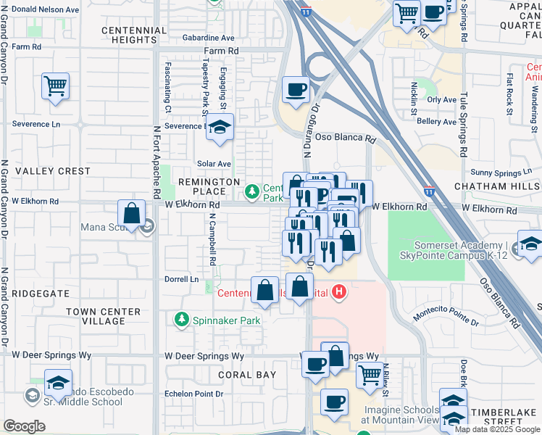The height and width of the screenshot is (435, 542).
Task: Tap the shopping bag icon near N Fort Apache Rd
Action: coord(131,214)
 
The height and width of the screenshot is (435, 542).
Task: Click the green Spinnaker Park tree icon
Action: coord(180,319)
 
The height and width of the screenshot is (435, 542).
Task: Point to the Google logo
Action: coord(24,426)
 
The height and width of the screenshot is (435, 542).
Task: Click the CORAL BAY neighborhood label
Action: coord(247,375)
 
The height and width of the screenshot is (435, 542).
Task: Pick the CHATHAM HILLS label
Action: coord(496,186)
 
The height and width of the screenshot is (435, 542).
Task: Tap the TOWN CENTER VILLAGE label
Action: coord(102,316)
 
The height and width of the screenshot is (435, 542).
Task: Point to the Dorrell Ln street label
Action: coord(183,279)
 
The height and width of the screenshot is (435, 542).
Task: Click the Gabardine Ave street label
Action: coord(208,38)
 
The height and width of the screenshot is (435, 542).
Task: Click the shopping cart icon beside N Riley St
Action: coord(370,375)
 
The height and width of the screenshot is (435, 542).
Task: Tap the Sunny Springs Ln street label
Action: coord(501,173)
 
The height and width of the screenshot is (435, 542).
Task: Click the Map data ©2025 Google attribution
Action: coord(497,429)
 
